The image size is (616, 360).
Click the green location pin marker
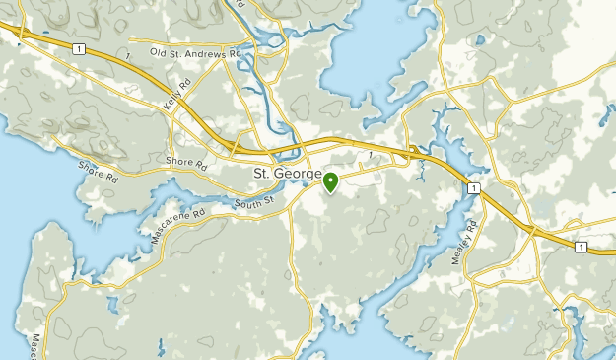click(x=330, y=181)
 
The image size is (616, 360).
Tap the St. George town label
click(x=288, y=175)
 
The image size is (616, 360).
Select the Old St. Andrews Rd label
click(x=195, y=52)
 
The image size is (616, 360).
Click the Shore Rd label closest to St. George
click(x=185, y=161)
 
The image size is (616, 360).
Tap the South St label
click(x=252, y=204)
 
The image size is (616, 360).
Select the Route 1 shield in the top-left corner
click(x=76, y=48)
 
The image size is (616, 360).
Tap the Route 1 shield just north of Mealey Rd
click(x=473, y=187)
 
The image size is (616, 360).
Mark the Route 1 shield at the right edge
click(x=581, y=246)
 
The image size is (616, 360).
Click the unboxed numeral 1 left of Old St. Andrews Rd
click(x=128, y=51)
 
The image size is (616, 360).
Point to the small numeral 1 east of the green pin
click(x=368, y=154)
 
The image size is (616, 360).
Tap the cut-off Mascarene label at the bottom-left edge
click(x=36, y=344)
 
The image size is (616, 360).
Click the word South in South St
click(x=247, y=204)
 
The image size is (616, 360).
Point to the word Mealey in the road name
click(x=472, y=244)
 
